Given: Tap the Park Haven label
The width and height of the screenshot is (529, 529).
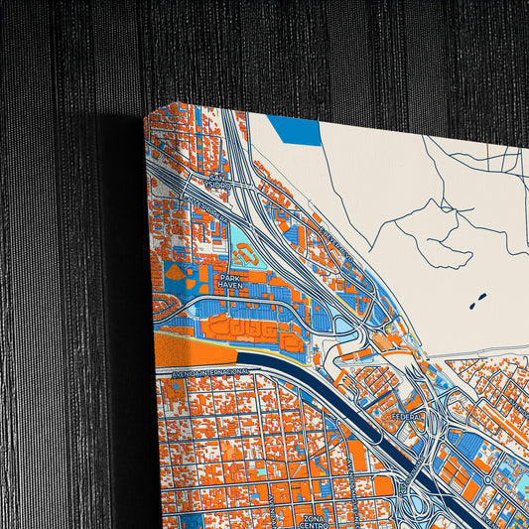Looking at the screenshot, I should point(231,282).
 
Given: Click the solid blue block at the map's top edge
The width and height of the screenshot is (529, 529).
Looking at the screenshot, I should point(295,129).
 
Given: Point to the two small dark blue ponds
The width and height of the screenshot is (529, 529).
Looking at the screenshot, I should point(473,297).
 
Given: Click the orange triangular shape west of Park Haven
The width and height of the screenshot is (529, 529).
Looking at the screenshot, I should point(174,270).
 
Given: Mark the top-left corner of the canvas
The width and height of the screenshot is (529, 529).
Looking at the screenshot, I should point(149,111).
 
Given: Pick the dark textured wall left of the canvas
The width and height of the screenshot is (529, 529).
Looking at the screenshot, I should point(60,298).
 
